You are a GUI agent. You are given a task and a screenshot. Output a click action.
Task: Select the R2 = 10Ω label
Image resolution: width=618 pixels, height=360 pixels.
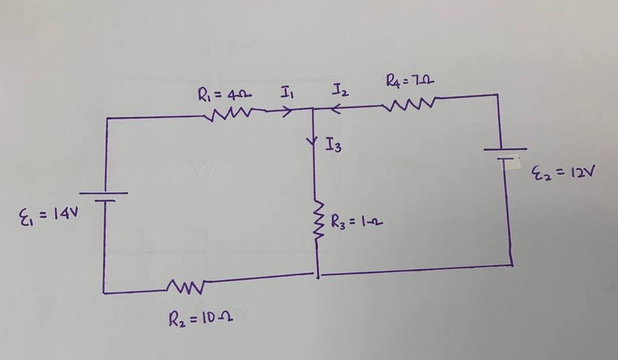(202, 322)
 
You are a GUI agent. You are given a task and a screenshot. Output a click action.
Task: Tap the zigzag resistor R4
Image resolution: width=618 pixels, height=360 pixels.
(411, 104)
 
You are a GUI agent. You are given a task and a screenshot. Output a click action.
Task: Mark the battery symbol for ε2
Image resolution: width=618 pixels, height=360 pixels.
(505, 153)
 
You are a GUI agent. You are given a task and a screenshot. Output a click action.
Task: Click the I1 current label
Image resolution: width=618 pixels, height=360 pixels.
(286, 95)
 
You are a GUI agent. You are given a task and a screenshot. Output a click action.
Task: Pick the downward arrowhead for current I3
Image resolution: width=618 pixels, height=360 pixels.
(314, 140)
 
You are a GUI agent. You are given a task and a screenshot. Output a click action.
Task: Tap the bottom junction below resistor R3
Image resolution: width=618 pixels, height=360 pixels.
(318, 275)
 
